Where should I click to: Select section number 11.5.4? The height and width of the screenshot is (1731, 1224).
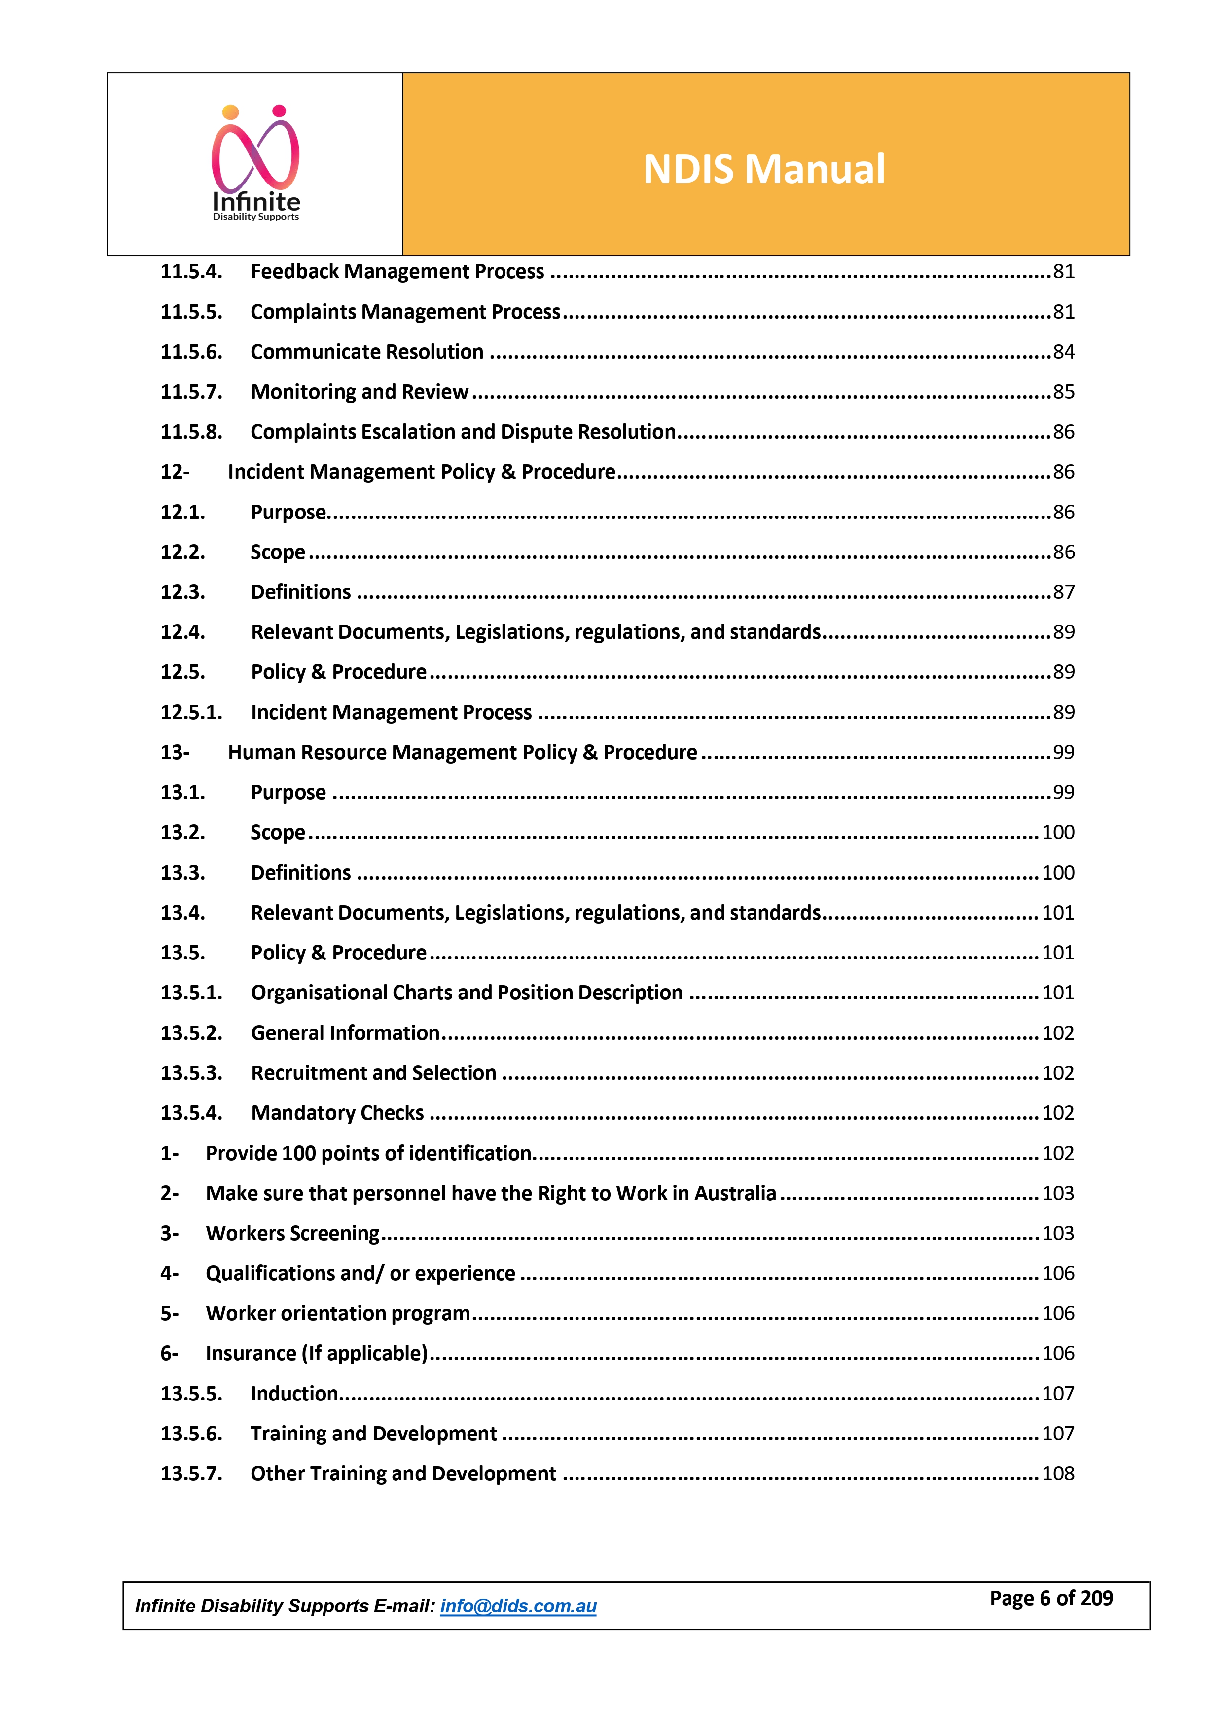[x=191, y=271]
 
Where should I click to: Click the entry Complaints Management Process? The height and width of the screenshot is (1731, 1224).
[x=405, y=311]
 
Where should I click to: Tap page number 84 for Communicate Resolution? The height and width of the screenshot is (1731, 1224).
[x=1063, y=351]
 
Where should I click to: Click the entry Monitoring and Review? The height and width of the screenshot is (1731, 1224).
[x=360, y=391]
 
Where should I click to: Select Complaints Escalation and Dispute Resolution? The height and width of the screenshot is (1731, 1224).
[x=463, y=431]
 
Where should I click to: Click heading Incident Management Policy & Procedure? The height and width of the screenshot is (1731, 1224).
[x=421, y=471]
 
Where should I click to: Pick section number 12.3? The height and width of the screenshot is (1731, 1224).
[x=182, y=592]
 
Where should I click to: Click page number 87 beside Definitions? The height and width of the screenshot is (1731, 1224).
[x=1063, y=592]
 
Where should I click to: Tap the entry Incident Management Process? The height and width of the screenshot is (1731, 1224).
[x=391, y=712]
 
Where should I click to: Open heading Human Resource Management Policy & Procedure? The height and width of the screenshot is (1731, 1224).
[x=462, y=752]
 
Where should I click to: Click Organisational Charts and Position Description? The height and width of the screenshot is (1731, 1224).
[x=467, y=992]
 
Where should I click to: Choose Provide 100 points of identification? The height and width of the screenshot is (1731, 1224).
[x=368, y=1153]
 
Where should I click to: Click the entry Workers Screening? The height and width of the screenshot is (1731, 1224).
[x=292, y=1233]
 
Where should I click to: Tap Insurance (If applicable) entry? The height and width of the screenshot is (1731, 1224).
[x=317, y=1353]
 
